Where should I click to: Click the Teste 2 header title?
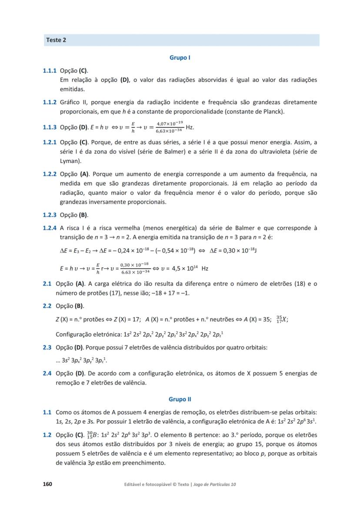(x=56, y=40)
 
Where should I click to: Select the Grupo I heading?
(x=180, y=57)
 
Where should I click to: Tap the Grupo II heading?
(x=180, y=399)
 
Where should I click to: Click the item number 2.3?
(x=47, y=347)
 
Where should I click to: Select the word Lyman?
(x=69, y=161)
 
